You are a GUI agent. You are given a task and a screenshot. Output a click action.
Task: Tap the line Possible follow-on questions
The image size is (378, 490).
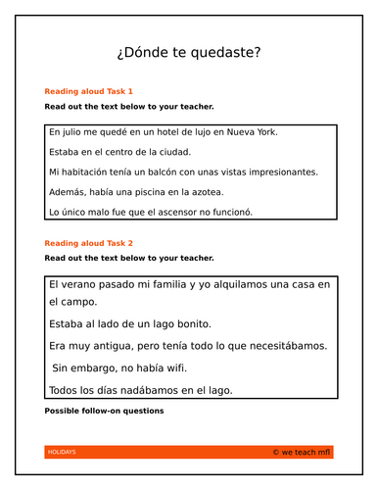click(x=104, y=411)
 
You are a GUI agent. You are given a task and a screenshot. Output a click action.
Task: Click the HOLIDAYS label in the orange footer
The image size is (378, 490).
click(x=61, y=452)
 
